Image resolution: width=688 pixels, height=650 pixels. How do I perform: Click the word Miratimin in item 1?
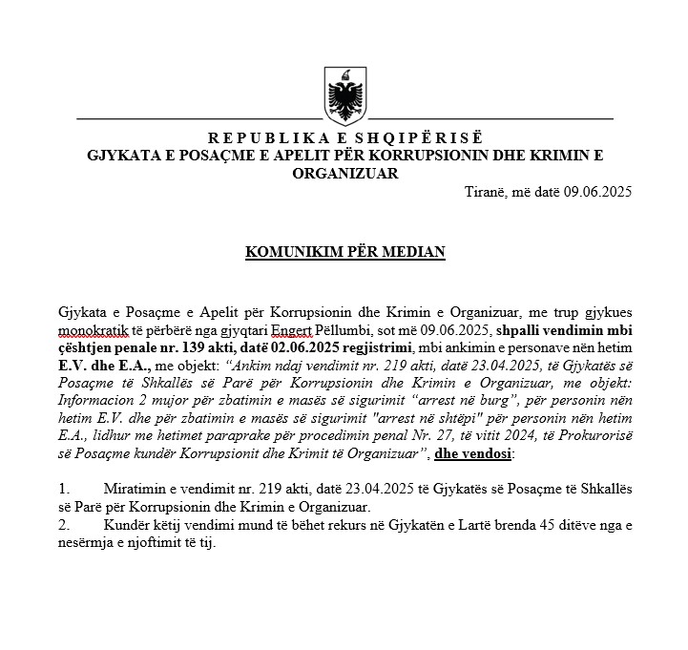(x=136, y=489)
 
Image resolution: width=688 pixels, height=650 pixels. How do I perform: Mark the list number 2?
(x=63, y=525)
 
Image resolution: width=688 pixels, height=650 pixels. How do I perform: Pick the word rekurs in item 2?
(x=291, y=525)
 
